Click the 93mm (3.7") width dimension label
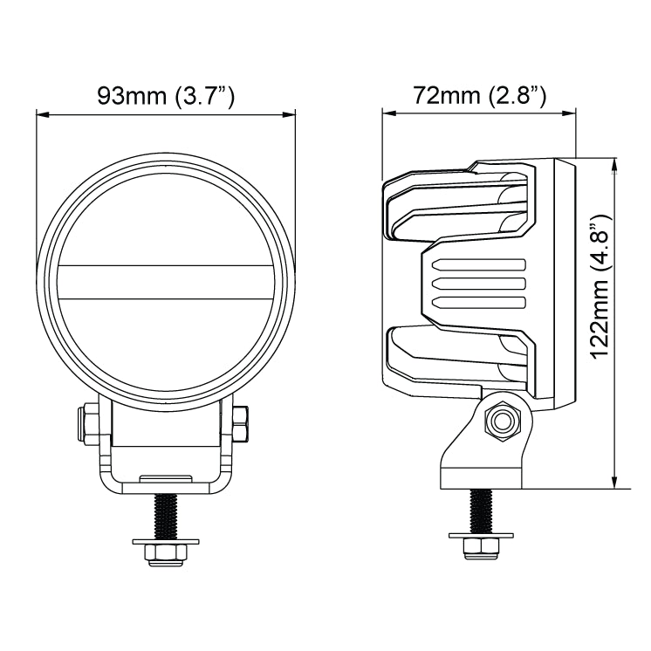(166, 96)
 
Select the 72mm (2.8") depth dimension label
(479, 96)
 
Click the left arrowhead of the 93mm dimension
(43, 113)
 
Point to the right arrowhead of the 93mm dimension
(289, 113)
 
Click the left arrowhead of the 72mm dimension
(388, 113)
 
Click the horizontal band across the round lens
(166, 283)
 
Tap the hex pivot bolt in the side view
(502, 421)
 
